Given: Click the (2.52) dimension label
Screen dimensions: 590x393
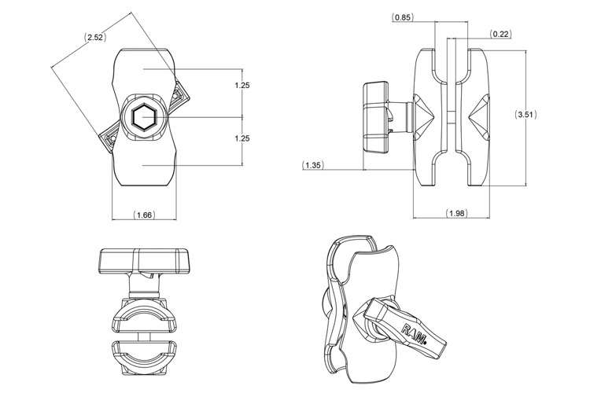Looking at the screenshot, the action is pyautogui.click(x=95, y=38).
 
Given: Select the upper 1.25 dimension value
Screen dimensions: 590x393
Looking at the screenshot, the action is pyautogui.click(x=242, y=86).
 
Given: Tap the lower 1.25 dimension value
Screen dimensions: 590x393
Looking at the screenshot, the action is pyautogui.click(x=242, y=138).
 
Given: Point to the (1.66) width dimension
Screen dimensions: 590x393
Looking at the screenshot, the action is pyautogui.click(x=144, y=215).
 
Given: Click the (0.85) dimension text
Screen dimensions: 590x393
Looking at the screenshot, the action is pyautogui.click(x=403, y=17).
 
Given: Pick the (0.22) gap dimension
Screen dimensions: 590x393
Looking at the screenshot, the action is pyautogui.click(x=500, y=35).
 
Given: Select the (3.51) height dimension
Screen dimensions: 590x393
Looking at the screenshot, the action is pyautogui.click(x=525, y=115).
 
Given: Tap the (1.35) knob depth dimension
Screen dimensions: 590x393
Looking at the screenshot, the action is pyautogui.click(x=312, y=165).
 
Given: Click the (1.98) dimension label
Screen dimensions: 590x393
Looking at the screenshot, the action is pyautogui.click(x=457, y=213).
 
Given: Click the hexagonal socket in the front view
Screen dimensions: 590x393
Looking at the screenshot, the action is pyautogui.click(x=143, y=117).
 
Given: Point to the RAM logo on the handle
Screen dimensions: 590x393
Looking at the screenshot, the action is pyautogui.click(x=415, y=332).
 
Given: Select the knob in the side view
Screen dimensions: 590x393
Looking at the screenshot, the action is pyautogui.click(x=375, y=118).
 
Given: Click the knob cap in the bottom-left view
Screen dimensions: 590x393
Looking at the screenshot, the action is pyautogui.click(x=143, y=260).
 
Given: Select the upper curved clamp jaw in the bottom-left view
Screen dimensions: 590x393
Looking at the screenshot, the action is pyautogui.click(x=143, y=317).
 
